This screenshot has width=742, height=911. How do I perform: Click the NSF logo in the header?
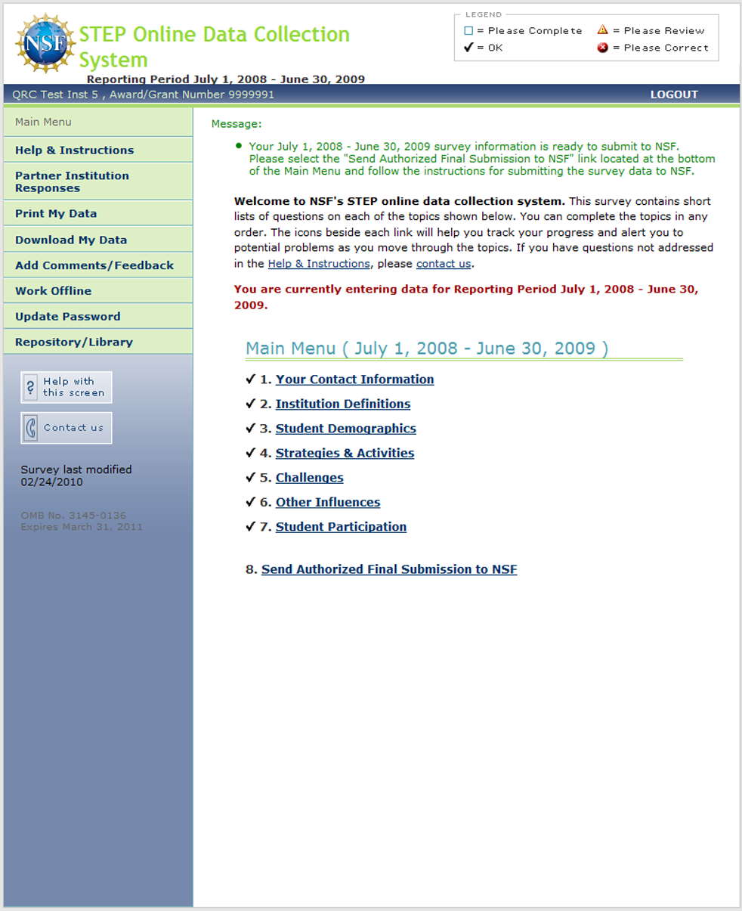[x=45, y=44]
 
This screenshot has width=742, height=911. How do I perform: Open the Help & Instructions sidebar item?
[x=74, y=150]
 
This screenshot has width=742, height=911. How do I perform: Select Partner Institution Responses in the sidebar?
[x=72, y=181]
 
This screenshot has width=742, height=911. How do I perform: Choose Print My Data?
[x=56, y=214]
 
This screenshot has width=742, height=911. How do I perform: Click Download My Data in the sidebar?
[x=71, y=240]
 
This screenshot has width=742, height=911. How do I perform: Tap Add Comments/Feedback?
[x=94, y=265]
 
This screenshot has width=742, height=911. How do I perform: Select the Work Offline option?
[x=53, y=291]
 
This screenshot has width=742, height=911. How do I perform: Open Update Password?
[x=68, y=317]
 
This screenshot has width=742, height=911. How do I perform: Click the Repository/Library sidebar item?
[x=74, y=342]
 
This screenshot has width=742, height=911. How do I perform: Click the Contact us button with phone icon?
[x=66, y=428]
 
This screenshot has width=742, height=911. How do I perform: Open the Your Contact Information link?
[x=354, y=380]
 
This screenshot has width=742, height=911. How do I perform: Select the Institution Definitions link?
[x=343, y=404]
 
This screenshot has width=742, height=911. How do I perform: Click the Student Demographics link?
[x=346, y=429]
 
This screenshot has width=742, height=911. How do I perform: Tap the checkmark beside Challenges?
[x=251, y=478]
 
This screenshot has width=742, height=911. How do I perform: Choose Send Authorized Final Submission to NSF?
[x=389, y=569]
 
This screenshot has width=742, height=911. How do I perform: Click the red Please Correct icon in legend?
[x=603, y=48]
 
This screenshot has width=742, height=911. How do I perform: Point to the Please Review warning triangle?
[x=603, y=30]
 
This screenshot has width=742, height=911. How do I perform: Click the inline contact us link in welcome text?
[x=444, y=264]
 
